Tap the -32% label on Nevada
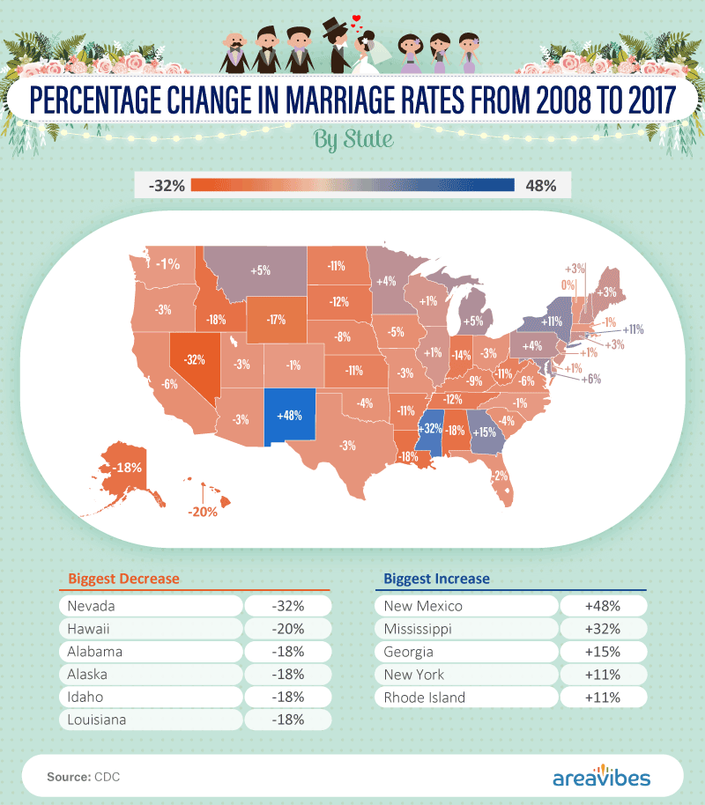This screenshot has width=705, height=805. (x=195, y=359)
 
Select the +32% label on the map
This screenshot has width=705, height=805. (x=429, y=429)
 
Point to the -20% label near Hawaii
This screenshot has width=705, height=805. (x=202, y=511)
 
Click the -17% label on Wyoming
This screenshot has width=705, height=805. (x=276, y=319)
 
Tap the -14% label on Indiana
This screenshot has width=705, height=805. (x=460, y=355)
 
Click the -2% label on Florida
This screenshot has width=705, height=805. (x=499, y=476)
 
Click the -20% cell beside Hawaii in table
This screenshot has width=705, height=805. (x=287, y=629)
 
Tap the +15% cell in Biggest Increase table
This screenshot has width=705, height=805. (x=603, y=652)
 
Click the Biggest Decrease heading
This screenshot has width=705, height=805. (x=123, y=579)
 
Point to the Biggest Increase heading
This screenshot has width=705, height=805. (x=436, y=579)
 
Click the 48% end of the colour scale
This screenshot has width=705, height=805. (x=539, y=185)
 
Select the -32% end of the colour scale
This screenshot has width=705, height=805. (x=166, y=185)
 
